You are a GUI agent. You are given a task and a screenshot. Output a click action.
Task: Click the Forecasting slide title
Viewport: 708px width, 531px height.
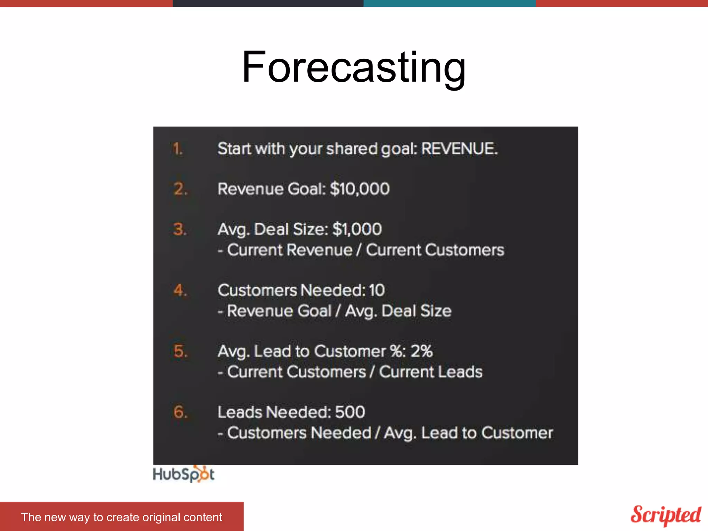coord(354,67)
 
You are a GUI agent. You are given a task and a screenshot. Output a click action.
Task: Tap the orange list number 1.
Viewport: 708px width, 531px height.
coord(177,149)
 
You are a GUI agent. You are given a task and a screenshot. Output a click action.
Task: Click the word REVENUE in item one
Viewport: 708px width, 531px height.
coord(459,149)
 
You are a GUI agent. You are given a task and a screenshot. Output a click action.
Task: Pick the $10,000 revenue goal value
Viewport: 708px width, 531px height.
coord(360,189)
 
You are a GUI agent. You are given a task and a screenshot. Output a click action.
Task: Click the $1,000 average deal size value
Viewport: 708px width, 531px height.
coord(357,229)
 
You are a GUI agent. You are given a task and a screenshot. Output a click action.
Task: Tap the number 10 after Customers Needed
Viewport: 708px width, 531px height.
coord(376,290)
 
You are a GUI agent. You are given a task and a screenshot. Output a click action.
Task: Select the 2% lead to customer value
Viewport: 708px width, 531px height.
coord(421,351)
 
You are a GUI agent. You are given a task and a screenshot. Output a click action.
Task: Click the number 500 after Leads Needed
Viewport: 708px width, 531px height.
coord(350,412)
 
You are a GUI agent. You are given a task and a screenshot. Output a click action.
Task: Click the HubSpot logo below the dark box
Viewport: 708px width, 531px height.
coord(184,474)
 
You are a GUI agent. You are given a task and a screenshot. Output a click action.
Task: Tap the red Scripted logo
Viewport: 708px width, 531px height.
coord(665,515)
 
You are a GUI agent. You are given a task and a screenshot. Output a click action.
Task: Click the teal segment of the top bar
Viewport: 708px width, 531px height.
coord(449,3)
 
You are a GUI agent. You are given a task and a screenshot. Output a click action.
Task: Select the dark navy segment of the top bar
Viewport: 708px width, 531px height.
coord(268,3)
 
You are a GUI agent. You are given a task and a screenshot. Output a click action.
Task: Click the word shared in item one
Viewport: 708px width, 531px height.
coord(352,149)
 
